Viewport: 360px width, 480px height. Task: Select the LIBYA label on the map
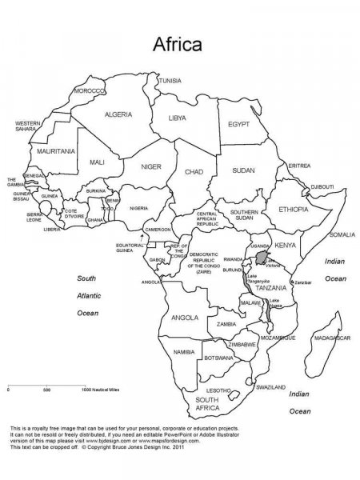point(178,118)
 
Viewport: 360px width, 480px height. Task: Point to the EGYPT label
point(238,125)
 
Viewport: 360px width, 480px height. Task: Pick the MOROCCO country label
point(89,91)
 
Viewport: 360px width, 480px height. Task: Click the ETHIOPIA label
point(294,209)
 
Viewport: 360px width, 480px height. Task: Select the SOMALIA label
point(342,234)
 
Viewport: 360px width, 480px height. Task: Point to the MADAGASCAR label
point(331,338)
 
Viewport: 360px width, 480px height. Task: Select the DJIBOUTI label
point(322,186)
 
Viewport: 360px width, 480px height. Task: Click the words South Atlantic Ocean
point(86,295)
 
